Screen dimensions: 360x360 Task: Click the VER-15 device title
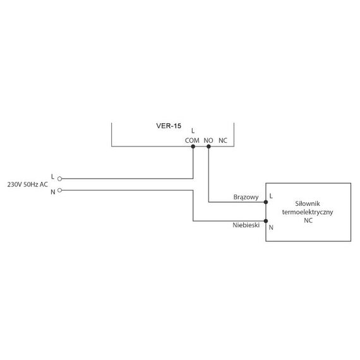(x=169, y=126)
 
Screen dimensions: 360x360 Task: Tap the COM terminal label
(x=192, y=140)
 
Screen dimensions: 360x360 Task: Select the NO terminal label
(x=208, y=140)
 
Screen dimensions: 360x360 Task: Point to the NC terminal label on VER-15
(x=223, y=140)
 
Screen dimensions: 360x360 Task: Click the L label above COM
(x=193, y=131)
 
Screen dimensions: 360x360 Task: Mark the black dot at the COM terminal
(x=193, y=147)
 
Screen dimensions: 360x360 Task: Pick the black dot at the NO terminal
(x=208, y=147)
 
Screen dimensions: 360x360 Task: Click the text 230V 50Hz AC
(x=28, y=184)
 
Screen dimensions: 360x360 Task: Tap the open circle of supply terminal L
(x=60, y=179)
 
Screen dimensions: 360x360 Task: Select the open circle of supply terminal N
(x=60, y=190)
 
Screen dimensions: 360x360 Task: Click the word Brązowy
(x=246, y=197)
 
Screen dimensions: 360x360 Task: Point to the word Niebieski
(x=246, y=225)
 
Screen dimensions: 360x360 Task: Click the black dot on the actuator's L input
(x=266, y=202)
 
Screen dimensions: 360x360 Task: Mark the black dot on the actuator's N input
(x=266, y=221)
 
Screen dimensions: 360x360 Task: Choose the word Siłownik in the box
(x=308, y=203)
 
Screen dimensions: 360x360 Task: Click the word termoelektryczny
(x=308, y=212)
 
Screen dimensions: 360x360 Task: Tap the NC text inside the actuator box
(x=308, y=220)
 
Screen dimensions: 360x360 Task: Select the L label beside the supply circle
(x=52, y=177)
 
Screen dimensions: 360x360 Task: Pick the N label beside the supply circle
(x=53, y=192)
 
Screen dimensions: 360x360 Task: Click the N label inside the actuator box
(x=271, y=227)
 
